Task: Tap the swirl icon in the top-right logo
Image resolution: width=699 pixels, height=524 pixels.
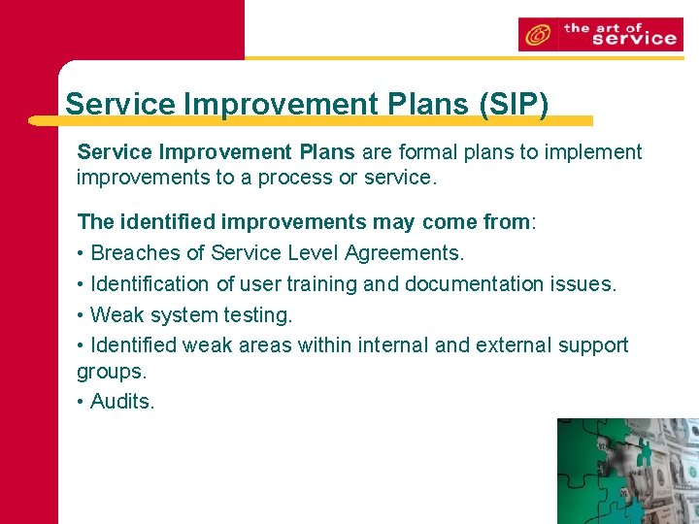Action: coord(535,36)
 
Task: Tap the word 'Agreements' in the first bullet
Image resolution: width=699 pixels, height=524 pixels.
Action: coord(407,253)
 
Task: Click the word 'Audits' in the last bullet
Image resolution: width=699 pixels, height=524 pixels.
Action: coord(120,402)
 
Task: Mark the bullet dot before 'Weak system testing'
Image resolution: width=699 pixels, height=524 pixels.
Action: coord(81,315)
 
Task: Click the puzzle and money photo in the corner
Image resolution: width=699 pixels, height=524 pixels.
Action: coord(627,471)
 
